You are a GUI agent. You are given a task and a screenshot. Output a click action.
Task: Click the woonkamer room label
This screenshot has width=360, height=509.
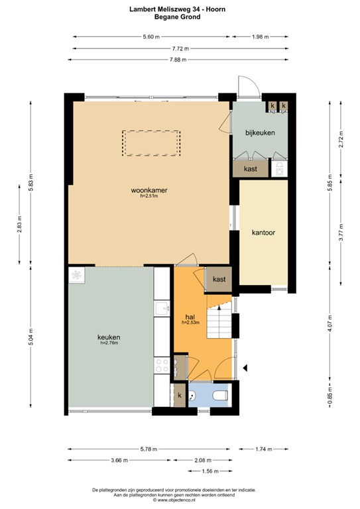(149, 190)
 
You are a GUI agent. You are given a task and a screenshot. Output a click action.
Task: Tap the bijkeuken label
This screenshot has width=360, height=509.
(260, 133)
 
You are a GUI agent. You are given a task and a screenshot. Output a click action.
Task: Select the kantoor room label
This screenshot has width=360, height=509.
(263, 233)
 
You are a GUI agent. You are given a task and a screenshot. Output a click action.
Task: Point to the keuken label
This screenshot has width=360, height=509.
(109, 337)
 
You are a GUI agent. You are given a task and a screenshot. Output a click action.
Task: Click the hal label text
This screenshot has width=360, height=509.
(190, 317)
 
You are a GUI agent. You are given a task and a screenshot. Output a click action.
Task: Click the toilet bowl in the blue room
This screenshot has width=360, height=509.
(220, 396)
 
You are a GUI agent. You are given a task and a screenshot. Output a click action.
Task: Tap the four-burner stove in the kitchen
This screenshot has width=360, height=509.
(162, 365)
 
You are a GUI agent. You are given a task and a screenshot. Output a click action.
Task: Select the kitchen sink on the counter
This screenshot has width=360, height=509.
(162, 308)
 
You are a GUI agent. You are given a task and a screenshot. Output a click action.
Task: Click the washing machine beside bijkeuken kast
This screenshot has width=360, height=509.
(279, 169)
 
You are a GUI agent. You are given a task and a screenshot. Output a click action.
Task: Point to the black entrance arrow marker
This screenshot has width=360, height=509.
(246, 368)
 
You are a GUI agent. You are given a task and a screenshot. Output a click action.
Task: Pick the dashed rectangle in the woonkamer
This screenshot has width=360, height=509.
(151, 143)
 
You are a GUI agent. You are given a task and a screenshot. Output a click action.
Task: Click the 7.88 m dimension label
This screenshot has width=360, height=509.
(178, 60)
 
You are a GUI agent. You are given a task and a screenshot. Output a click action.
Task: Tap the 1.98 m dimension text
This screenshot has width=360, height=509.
(261, 36)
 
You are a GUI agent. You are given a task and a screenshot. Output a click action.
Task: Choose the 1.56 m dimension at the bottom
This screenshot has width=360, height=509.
(210, 471)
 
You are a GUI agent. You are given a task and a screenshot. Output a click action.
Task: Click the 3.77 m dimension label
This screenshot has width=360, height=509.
(341, 232)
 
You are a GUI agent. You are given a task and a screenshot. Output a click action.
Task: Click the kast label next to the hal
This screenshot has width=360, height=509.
(219, 279)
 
